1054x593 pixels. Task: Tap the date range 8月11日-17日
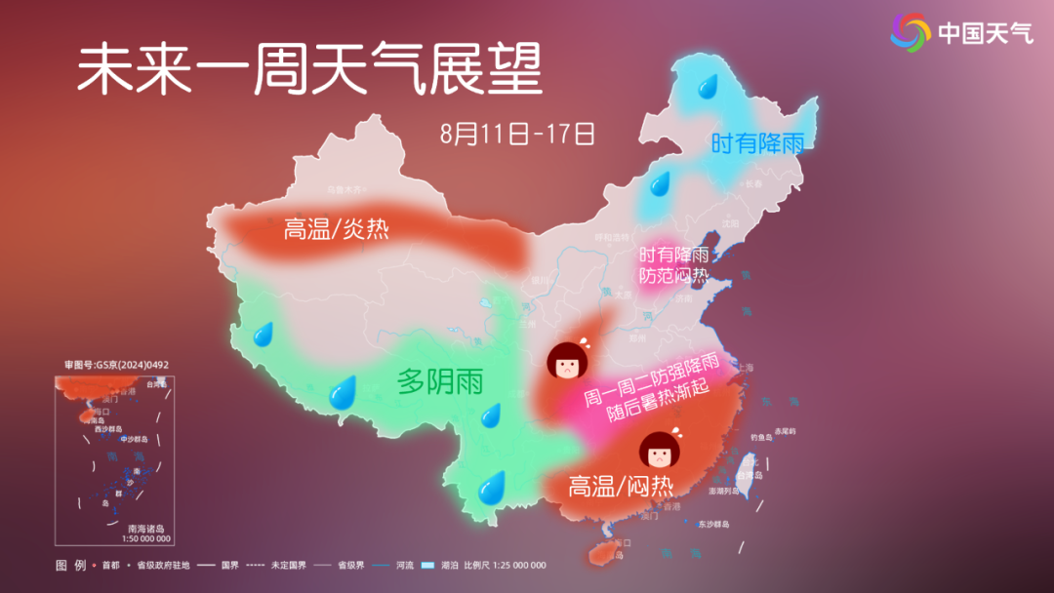517,134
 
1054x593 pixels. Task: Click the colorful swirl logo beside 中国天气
911,33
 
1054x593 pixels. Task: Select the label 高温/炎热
336,229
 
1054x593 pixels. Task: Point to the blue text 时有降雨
757,144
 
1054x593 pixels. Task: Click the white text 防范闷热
672,276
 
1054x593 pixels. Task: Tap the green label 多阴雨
440,382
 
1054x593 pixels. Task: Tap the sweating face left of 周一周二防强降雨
565,362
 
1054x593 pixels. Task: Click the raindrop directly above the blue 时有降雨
705,88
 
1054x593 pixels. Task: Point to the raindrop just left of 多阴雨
343,393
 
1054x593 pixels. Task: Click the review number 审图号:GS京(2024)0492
116,365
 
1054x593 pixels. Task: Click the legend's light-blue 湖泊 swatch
426,566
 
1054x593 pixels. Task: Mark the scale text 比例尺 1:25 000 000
505,566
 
